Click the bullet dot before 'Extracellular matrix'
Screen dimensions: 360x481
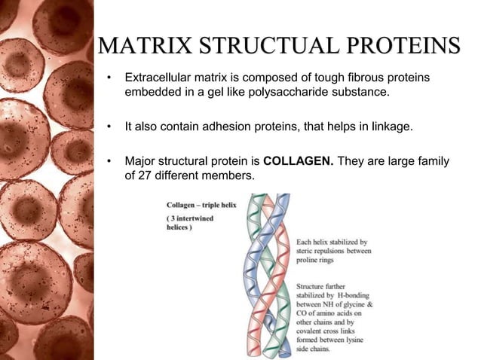click(109, 78)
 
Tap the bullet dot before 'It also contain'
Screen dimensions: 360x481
click(109, 127)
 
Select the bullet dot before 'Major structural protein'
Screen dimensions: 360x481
click(109, 161)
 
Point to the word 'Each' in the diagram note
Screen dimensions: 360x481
click(305, 243)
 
